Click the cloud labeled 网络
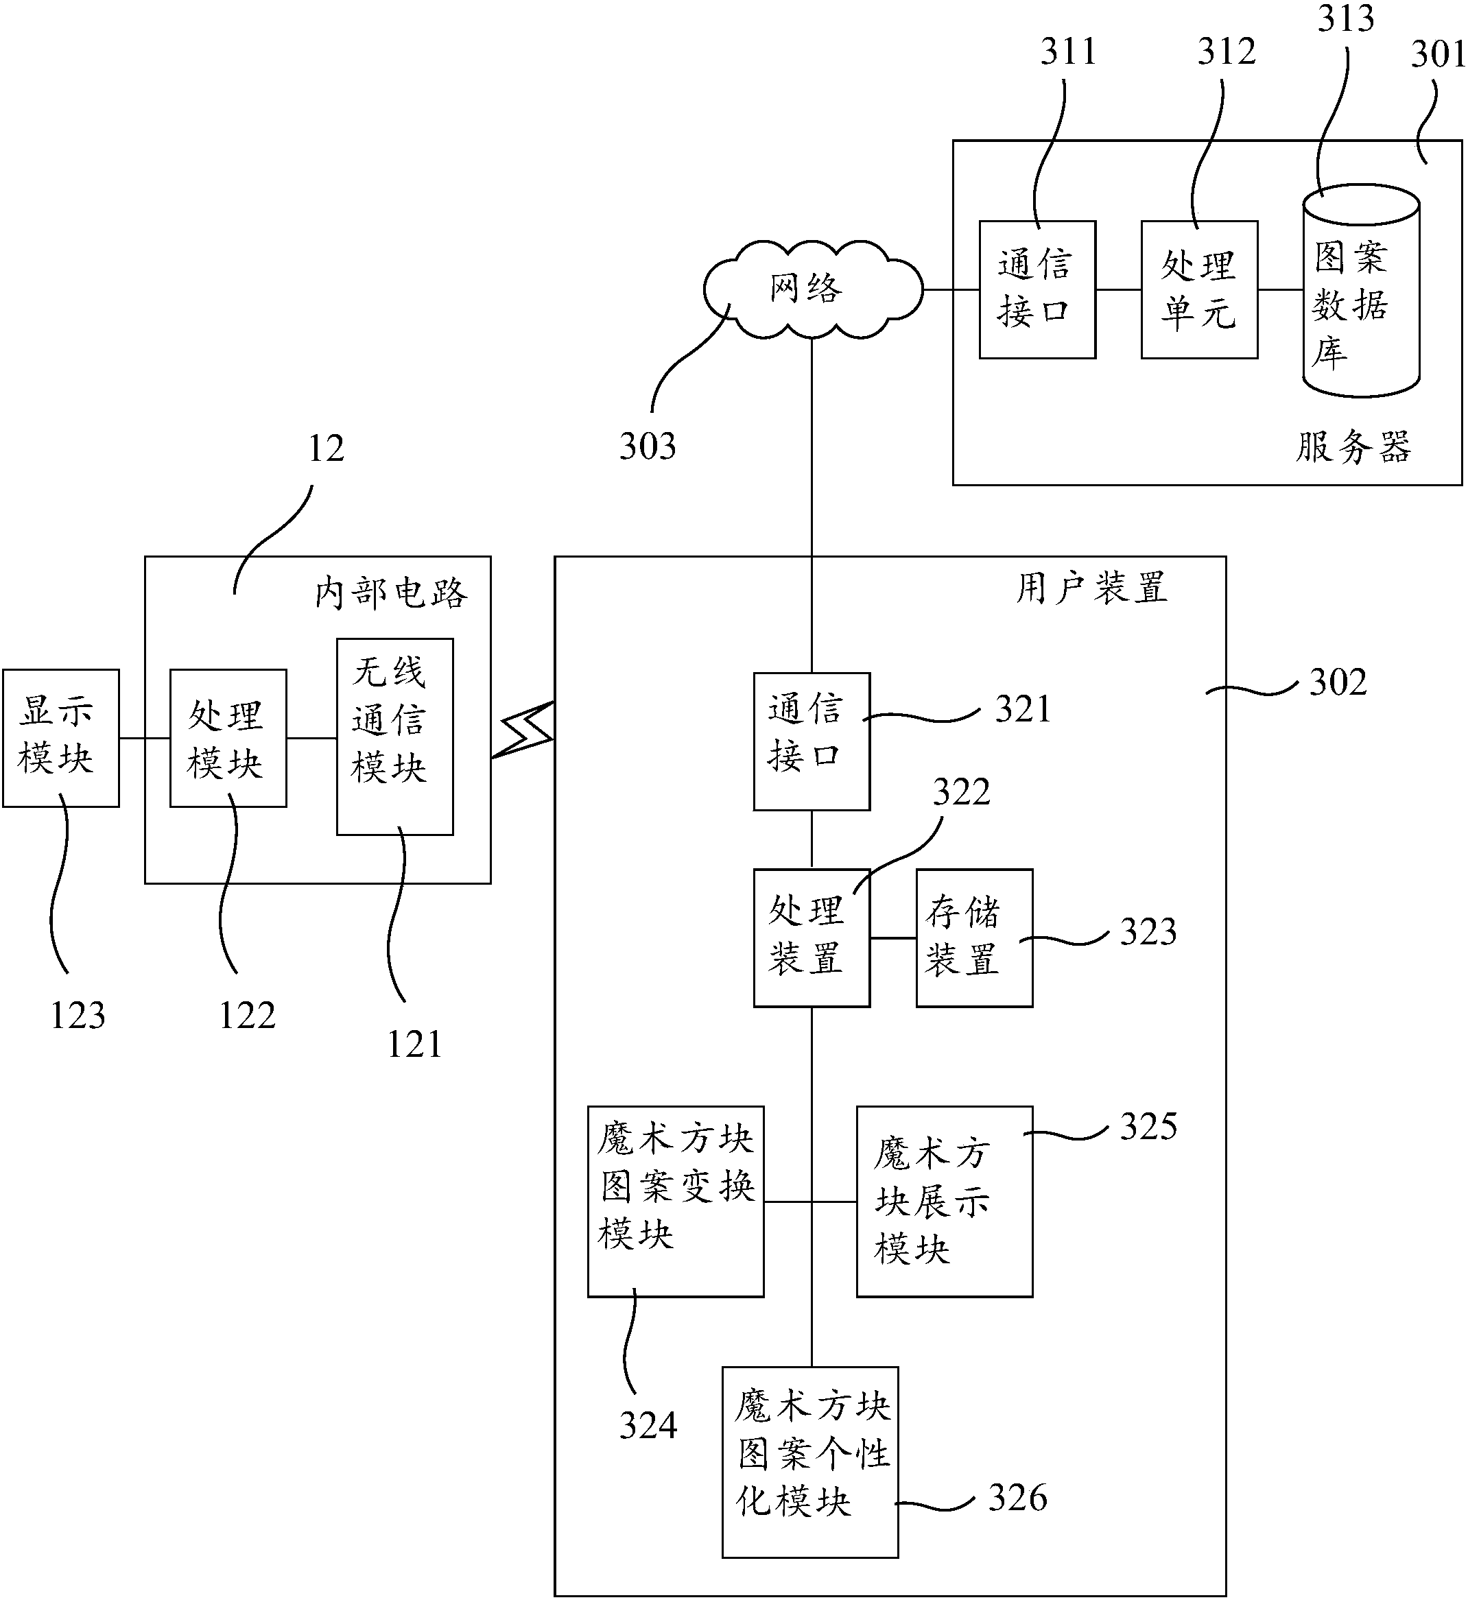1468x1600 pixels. [x=811, y=289]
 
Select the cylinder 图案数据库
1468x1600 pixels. [x=1360, y=291]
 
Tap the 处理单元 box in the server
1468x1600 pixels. [x=1198, y=290]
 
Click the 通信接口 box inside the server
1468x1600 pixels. [x=1037, y=290]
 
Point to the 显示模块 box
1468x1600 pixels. [x=60, y=738]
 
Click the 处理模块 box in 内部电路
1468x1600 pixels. [x=228, y=738]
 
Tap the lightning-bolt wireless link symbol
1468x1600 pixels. [x=523, y=730]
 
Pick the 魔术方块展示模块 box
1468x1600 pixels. [x=944, y=1202]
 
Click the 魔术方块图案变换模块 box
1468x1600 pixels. [x=675, y=1202]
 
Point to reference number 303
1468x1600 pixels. [x=648, y=447]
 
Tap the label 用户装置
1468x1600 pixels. [x=1091, y=589]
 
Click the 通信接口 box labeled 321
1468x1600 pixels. [x=811, y=741]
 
